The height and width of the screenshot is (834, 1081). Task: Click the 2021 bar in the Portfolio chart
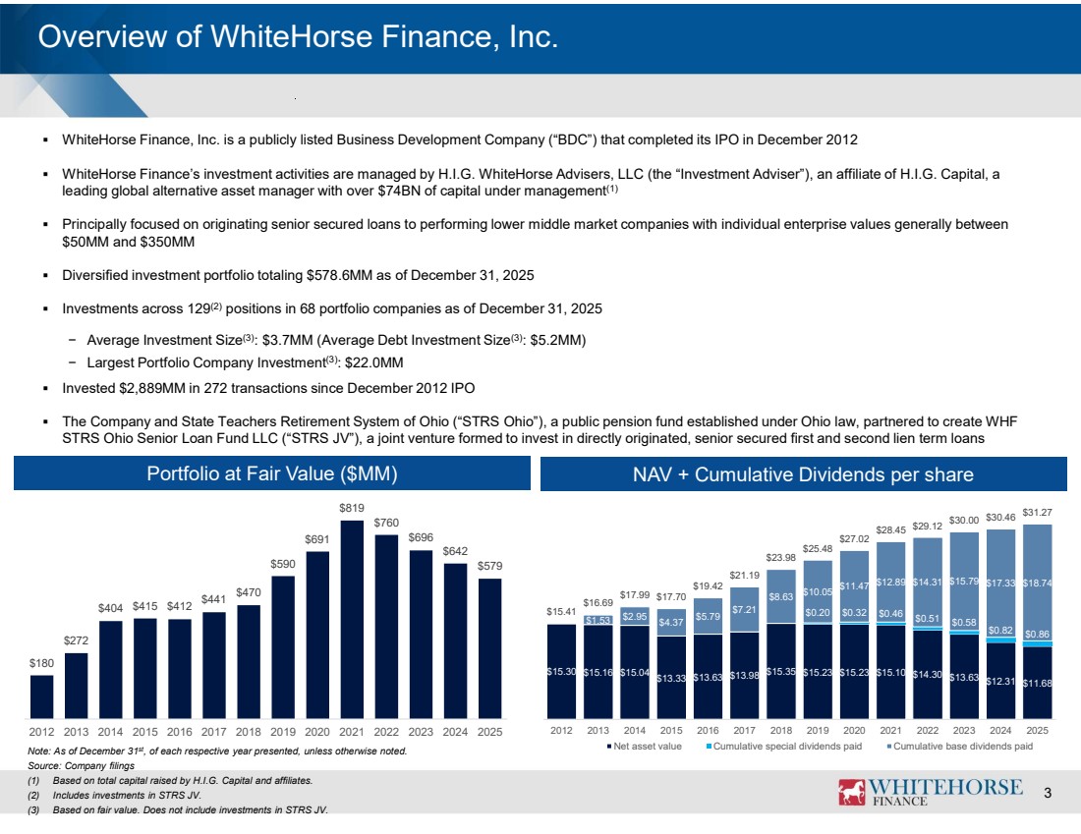[352, 619]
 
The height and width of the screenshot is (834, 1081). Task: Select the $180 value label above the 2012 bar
[41, 663]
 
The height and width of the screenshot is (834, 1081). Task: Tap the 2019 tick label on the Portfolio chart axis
[283, 732]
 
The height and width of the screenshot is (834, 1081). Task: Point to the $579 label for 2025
[490, 566]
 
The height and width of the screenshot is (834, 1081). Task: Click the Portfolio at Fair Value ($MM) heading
[272, 473]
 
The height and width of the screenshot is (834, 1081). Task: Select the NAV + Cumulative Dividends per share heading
[803, 474]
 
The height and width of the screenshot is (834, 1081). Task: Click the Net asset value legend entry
[644, 747]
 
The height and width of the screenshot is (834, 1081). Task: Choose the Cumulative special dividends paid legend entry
[784, 747]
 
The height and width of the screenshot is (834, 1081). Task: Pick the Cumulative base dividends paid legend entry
[960, 747]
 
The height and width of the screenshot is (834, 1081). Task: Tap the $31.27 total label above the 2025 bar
[1037, 513]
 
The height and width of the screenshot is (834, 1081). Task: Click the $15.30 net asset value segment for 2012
[561, 671]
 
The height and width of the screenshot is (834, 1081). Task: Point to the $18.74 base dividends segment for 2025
[1037, 584]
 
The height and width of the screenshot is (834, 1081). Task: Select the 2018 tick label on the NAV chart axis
[781, 731]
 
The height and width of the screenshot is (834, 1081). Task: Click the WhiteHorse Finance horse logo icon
[851, 793]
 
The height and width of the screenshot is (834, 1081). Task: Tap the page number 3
[1048, 794]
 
